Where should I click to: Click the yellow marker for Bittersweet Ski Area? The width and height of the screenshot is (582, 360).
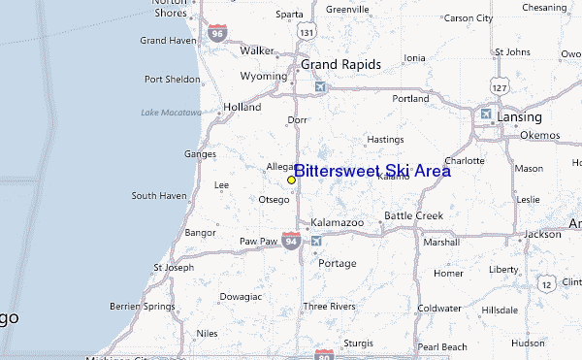(291, 180)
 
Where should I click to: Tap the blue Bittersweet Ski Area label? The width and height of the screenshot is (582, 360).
(372, 171)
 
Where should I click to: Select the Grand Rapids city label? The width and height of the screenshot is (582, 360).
(340, 64)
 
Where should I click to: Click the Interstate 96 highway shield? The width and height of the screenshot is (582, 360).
(217, 33)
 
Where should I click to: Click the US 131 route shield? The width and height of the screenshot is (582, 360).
(307, 33)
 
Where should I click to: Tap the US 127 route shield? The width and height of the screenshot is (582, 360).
(500, 87)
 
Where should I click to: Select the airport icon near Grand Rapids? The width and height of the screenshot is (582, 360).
(321, 87)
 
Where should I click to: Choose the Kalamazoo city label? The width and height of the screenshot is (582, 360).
(338, 222)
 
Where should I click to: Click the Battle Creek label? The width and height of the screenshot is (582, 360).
(413, 215)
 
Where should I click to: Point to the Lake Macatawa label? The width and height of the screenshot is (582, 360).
(171, 113)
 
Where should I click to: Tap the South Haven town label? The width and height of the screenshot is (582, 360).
(158, 196)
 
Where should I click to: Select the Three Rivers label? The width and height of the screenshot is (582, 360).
(328, 306)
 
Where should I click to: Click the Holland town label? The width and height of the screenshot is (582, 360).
(242, 107)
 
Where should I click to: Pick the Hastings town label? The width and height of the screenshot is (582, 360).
(385, 139)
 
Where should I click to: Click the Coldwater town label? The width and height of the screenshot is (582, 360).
(439, 308)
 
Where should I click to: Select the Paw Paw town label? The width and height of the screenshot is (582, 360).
(259, 240)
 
